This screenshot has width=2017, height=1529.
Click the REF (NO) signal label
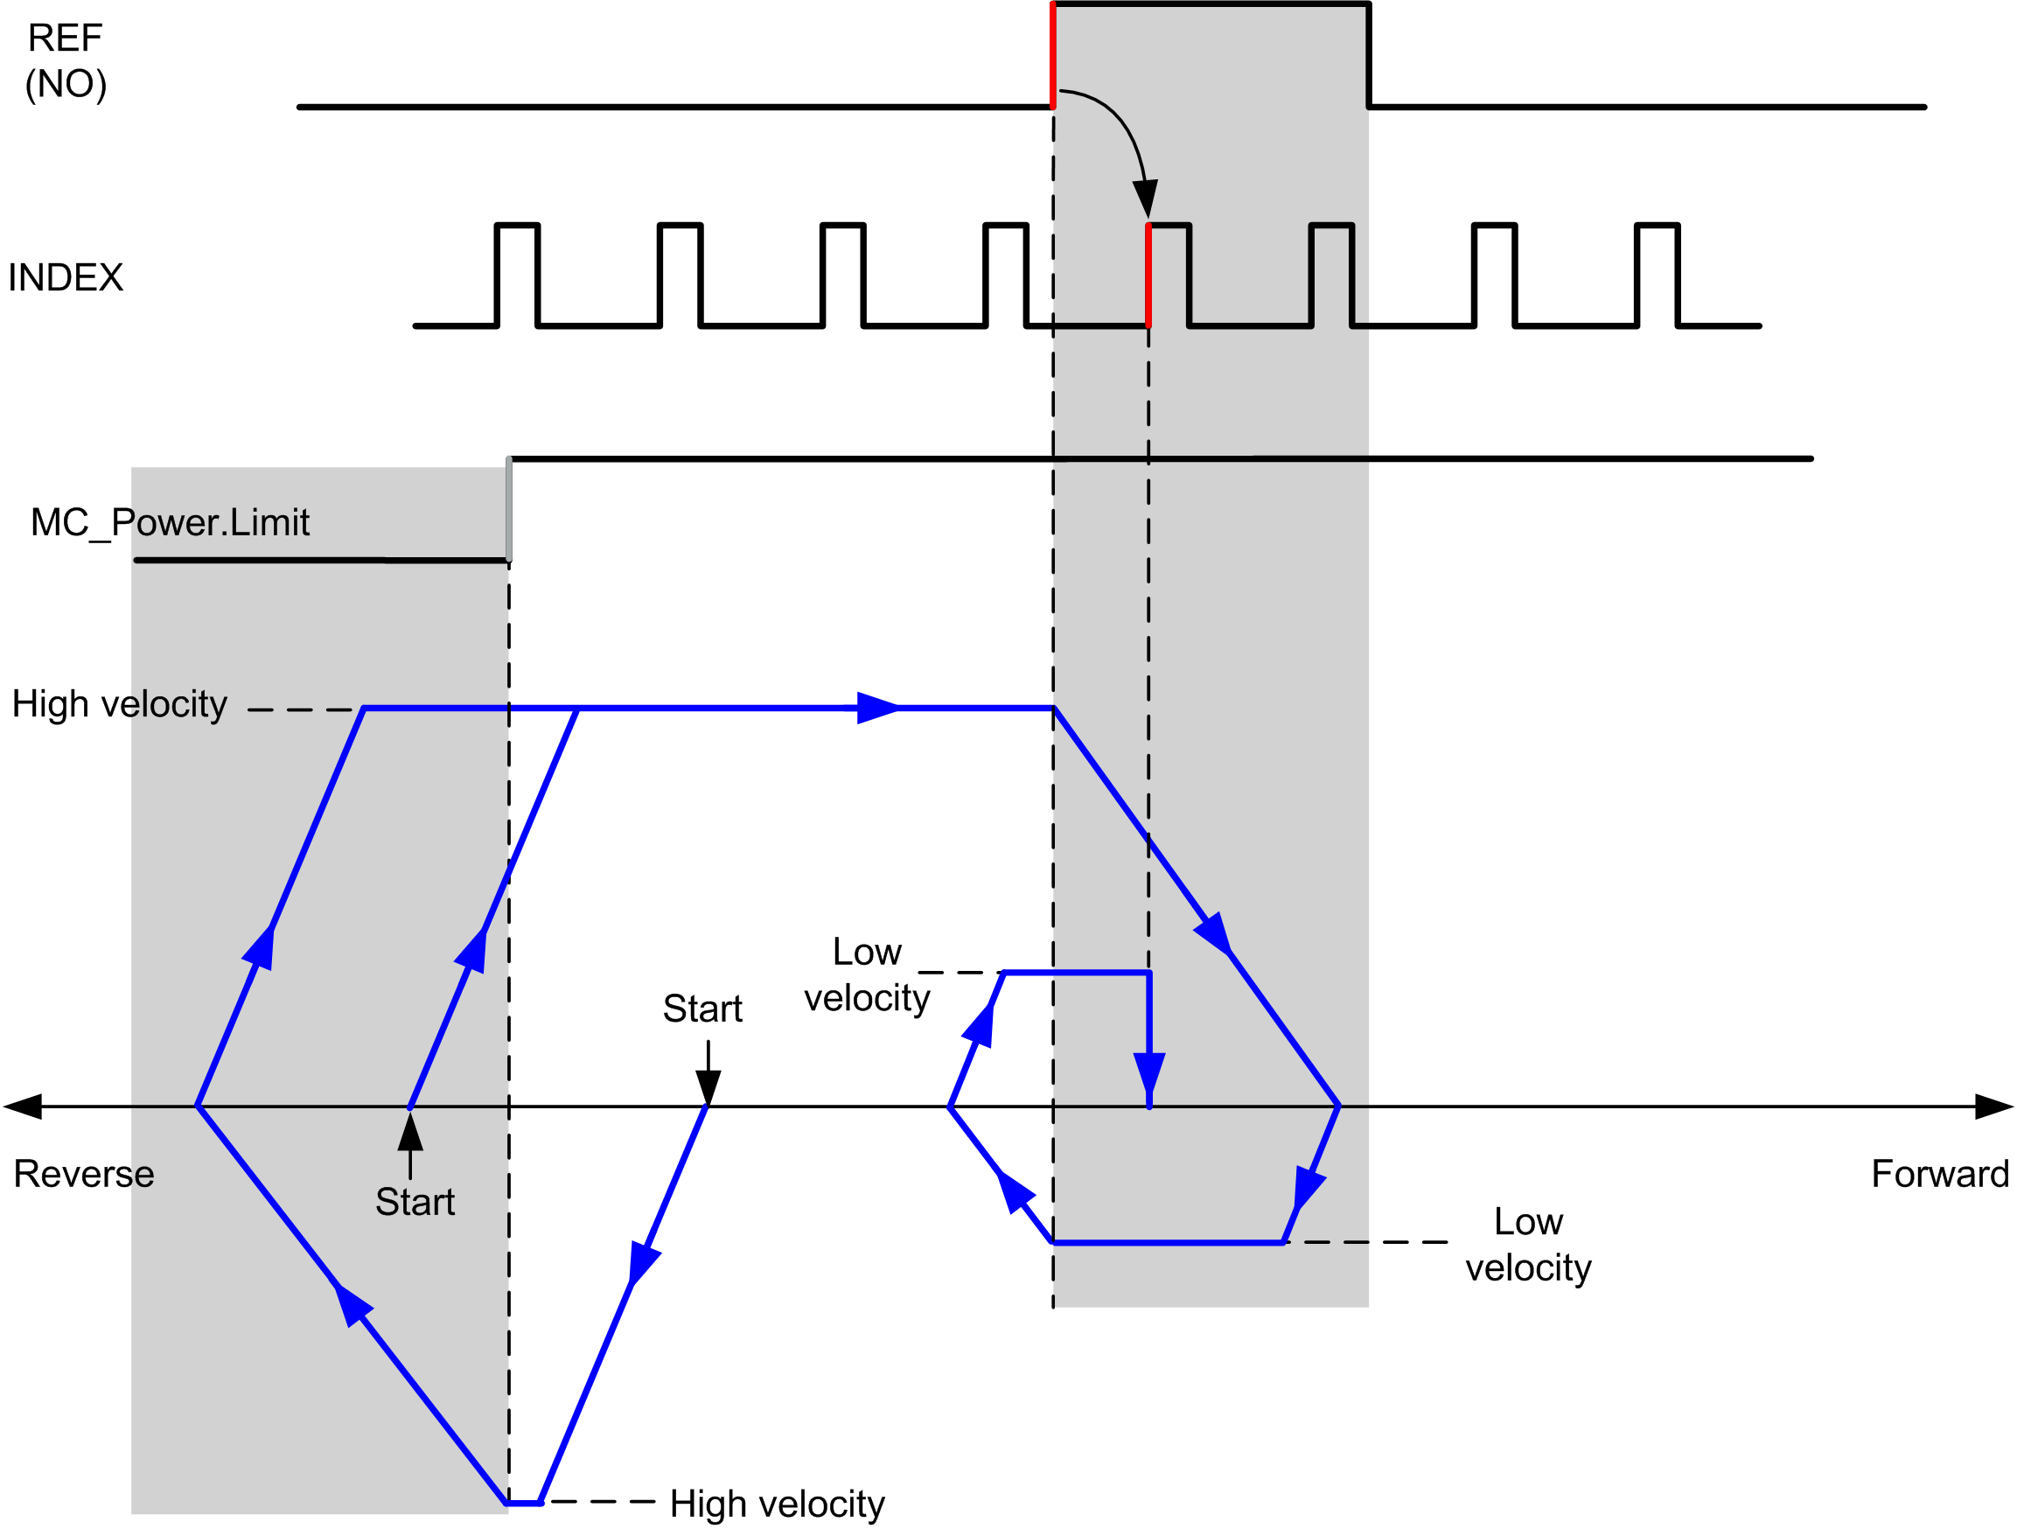[66, 61]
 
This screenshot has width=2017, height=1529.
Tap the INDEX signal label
[66, 277]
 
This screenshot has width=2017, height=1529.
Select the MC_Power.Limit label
[171, 523]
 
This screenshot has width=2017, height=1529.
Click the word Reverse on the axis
[84, 1175]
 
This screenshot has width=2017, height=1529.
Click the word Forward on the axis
[1940, 1175]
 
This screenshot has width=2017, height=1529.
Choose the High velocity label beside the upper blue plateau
[120, 705]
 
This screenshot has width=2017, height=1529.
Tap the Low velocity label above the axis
[867, 974]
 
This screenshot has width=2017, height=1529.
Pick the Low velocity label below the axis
[1528, 1245]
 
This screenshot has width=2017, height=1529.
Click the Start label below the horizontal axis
[415, 1203]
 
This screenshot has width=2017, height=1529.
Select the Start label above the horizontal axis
[702, 1009]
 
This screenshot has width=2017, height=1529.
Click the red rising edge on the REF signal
[1053, 56]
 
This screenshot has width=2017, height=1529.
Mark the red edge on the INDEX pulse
[1148, 275]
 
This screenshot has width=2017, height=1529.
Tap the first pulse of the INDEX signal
[517, 274]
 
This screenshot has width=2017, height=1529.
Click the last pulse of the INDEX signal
[1657, 274]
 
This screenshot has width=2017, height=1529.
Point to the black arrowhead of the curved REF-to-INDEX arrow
[1145, 199]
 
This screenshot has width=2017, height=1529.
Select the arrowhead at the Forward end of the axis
[1995, 1107]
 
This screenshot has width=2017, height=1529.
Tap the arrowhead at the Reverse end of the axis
[23, 1107]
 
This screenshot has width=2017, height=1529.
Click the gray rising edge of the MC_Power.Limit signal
[509, 509]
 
